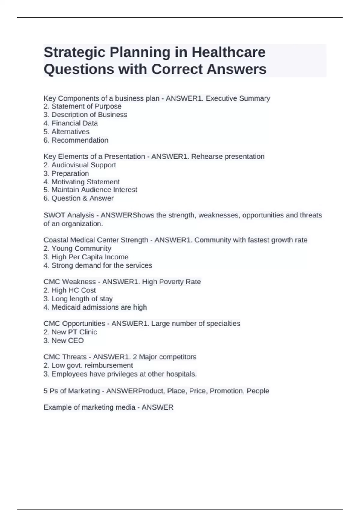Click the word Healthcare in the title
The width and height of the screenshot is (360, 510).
coord(228,52)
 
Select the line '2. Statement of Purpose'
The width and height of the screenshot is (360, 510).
coord(82,106)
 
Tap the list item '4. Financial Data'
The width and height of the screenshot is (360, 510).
coord(71,123)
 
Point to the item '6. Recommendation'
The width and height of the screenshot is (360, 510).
coord(76,140)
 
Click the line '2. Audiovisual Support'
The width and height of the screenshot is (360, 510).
coord(80,165)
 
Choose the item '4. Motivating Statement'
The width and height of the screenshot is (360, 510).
coord(82,182)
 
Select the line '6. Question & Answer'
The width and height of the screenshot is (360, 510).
coord(79,198)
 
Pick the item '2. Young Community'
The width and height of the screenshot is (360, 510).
coord(77,249)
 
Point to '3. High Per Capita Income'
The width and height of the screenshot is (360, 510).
coord(86,257)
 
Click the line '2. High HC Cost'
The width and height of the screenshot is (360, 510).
coord(70,290)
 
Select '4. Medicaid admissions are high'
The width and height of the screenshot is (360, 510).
coord(95,307)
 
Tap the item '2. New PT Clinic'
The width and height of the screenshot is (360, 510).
coord(70,332)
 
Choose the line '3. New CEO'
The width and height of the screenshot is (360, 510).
coord(64,340)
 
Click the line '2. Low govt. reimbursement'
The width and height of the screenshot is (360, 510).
coord(88,365)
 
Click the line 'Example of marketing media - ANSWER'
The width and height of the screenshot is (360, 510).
coord(109,407)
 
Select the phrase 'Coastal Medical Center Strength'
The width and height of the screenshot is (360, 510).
coord(96,240)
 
